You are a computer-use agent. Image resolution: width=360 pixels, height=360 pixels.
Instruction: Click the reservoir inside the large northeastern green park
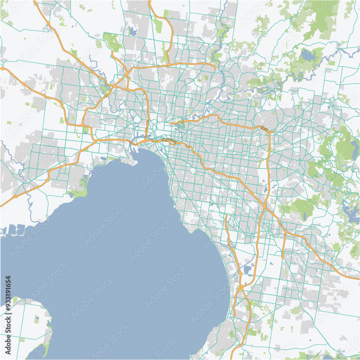308,55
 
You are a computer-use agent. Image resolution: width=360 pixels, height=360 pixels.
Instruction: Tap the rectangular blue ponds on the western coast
14,230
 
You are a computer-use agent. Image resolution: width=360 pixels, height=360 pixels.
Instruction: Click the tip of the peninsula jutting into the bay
135,164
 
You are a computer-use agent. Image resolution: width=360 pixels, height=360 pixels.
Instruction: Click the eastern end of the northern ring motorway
215,66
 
